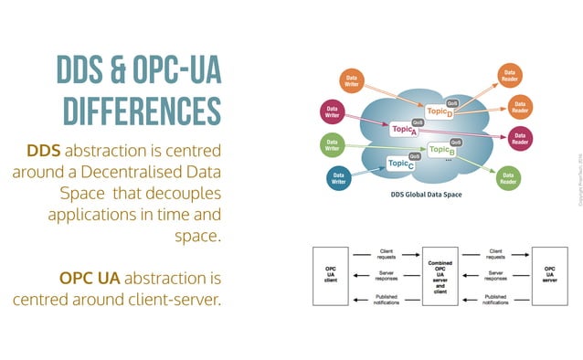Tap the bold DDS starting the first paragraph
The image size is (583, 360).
pos(44,150)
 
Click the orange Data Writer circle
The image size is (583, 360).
pos(351,80)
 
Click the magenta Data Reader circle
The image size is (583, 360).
pos(519,138)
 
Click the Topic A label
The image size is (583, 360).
pos(404,131)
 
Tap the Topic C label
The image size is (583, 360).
pos(401,164)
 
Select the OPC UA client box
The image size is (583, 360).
pos(331,272)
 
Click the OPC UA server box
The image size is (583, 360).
pos(549,272)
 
